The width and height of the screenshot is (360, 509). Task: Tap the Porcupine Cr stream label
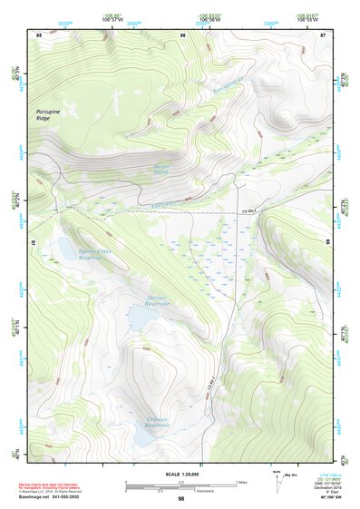(229, 87)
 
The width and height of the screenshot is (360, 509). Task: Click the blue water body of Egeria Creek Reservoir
(66, 246)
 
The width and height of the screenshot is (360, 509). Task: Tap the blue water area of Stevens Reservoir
(141, 317)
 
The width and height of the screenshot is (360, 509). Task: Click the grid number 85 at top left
(39, 34)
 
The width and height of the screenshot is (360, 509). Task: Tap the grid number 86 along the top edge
(182, 34)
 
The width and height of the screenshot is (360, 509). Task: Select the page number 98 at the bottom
(180, 499)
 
